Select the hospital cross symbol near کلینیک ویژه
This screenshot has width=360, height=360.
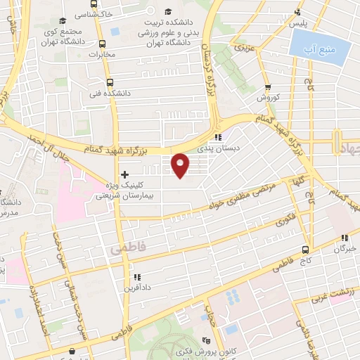(124, 174)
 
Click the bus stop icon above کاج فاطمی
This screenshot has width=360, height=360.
(305, 249)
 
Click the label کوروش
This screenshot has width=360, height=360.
(268, 98)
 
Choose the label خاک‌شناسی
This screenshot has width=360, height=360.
(86, 14)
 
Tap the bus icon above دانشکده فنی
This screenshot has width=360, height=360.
(108, 82)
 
